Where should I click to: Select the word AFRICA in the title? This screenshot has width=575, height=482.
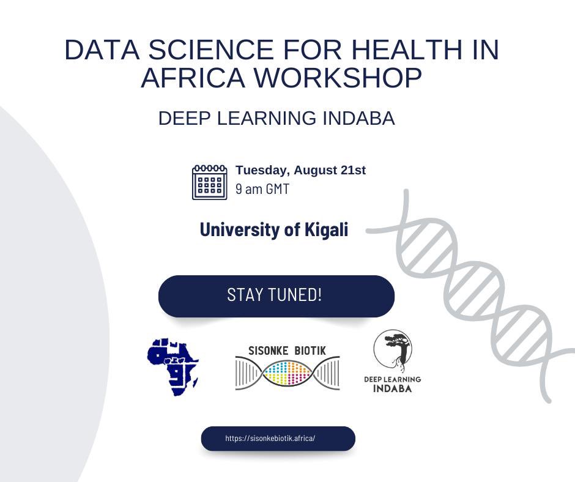click(193, 78)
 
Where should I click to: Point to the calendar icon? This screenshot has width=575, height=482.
click(210, 182)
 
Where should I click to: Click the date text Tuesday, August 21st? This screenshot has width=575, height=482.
click(300, 170)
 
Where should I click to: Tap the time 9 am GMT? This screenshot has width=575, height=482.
click(262, 189)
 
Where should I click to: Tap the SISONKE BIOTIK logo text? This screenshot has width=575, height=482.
click(287, 350)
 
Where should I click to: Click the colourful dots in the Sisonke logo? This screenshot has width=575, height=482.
click(287, 373)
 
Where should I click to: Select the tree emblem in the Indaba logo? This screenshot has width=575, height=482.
click(393, 352)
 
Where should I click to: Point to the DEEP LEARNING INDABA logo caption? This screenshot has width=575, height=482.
click(392, 384)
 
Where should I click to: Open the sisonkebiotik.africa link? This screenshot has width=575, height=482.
click(270, 439)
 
